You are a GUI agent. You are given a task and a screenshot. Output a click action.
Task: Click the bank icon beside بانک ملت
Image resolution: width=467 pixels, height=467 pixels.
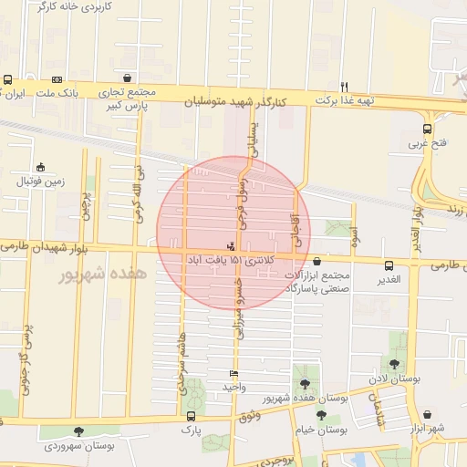tap(57, 79)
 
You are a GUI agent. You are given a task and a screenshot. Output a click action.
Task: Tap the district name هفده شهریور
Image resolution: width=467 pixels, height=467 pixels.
tap(90, 274)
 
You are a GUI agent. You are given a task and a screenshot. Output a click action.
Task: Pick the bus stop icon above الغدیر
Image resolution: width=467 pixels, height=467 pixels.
tap(389, 265)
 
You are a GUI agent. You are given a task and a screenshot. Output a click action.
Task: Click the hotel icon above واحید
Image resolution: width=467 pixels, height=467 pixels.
tap(234, 374)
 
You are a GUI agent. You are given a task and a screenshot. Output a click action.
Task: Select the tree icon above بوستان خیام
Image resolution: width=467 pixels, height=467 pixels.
tap(321, 415)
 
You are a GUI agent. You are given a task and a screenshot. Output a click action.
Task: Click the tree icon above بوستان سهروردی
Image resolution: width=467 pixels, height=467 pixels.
tap(78, 431)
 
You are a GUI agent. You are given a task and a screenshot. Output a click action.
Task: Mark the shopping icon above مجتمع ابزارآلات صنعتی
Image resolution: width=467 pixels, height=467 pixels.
tap(317, 262)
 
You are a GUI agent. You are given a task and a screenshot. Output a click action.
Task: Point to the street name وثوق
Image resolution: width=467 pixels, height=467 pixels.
tap(250, 415)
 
